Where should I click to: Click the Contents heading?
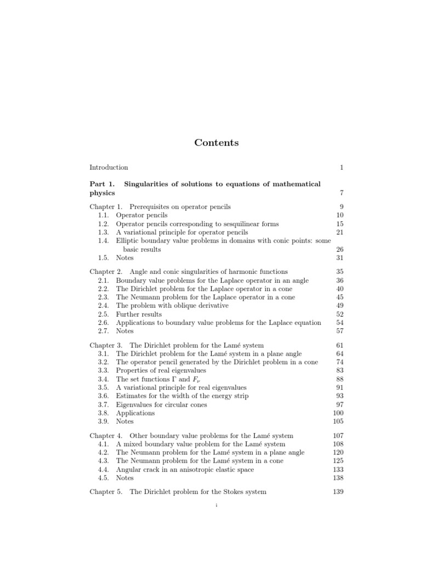pyautogui.click(x=217, y=143)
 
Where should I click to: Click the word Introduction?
pyautogui.click(x=109, y=167)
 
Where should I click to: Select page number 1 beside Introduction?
pyautogui.click(x=342, y=167)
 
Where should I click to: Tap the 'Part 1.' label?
pyautogui.click(x=101, y=184)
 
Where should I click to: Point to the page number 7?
pyautogui.click(x=342, y=193)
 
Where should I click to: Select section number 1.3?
pyautogui.click(x=103, y=232)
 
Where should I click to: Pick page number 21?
pyautogui.click(x=339, y=232)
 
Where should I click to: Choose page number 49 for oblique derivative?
pyautogui.click(x=339, y=306)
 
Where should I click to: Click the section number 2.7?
pyautogui.click(x=103, y=331)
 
